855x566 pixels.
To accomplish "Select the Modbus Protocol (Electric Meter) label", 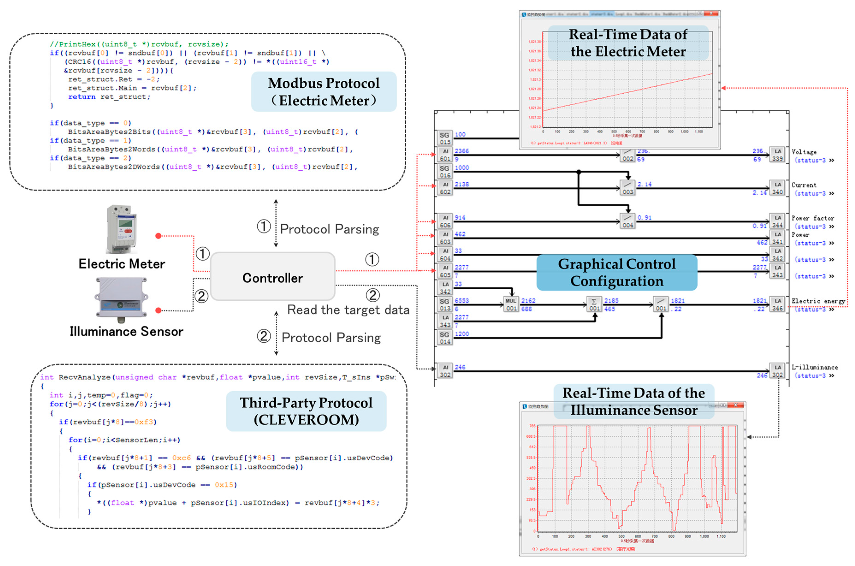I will [x=324, y=92].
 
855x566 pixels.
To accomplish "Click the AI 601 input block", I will [x=445, y=155].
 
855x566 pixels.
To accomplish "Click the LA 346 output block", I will [x=777, y=304].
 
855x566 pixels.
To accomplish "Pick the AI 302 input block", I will [x=445, y=371].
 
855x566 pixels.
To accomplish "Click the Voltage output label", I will [x=804, y=152].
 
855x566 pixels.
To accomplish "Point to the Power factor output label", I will [x=812, y=218].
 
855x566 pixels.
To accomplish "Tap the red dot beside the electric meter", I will [x=158, y=236].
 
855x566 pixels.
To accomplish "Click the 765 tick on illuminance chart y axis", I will [x=532, y=426].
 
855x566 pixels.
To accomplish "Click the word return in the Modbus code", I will [x=82, y=97].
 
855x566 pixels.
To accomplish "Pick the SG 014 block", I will [x=445, y=338].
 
